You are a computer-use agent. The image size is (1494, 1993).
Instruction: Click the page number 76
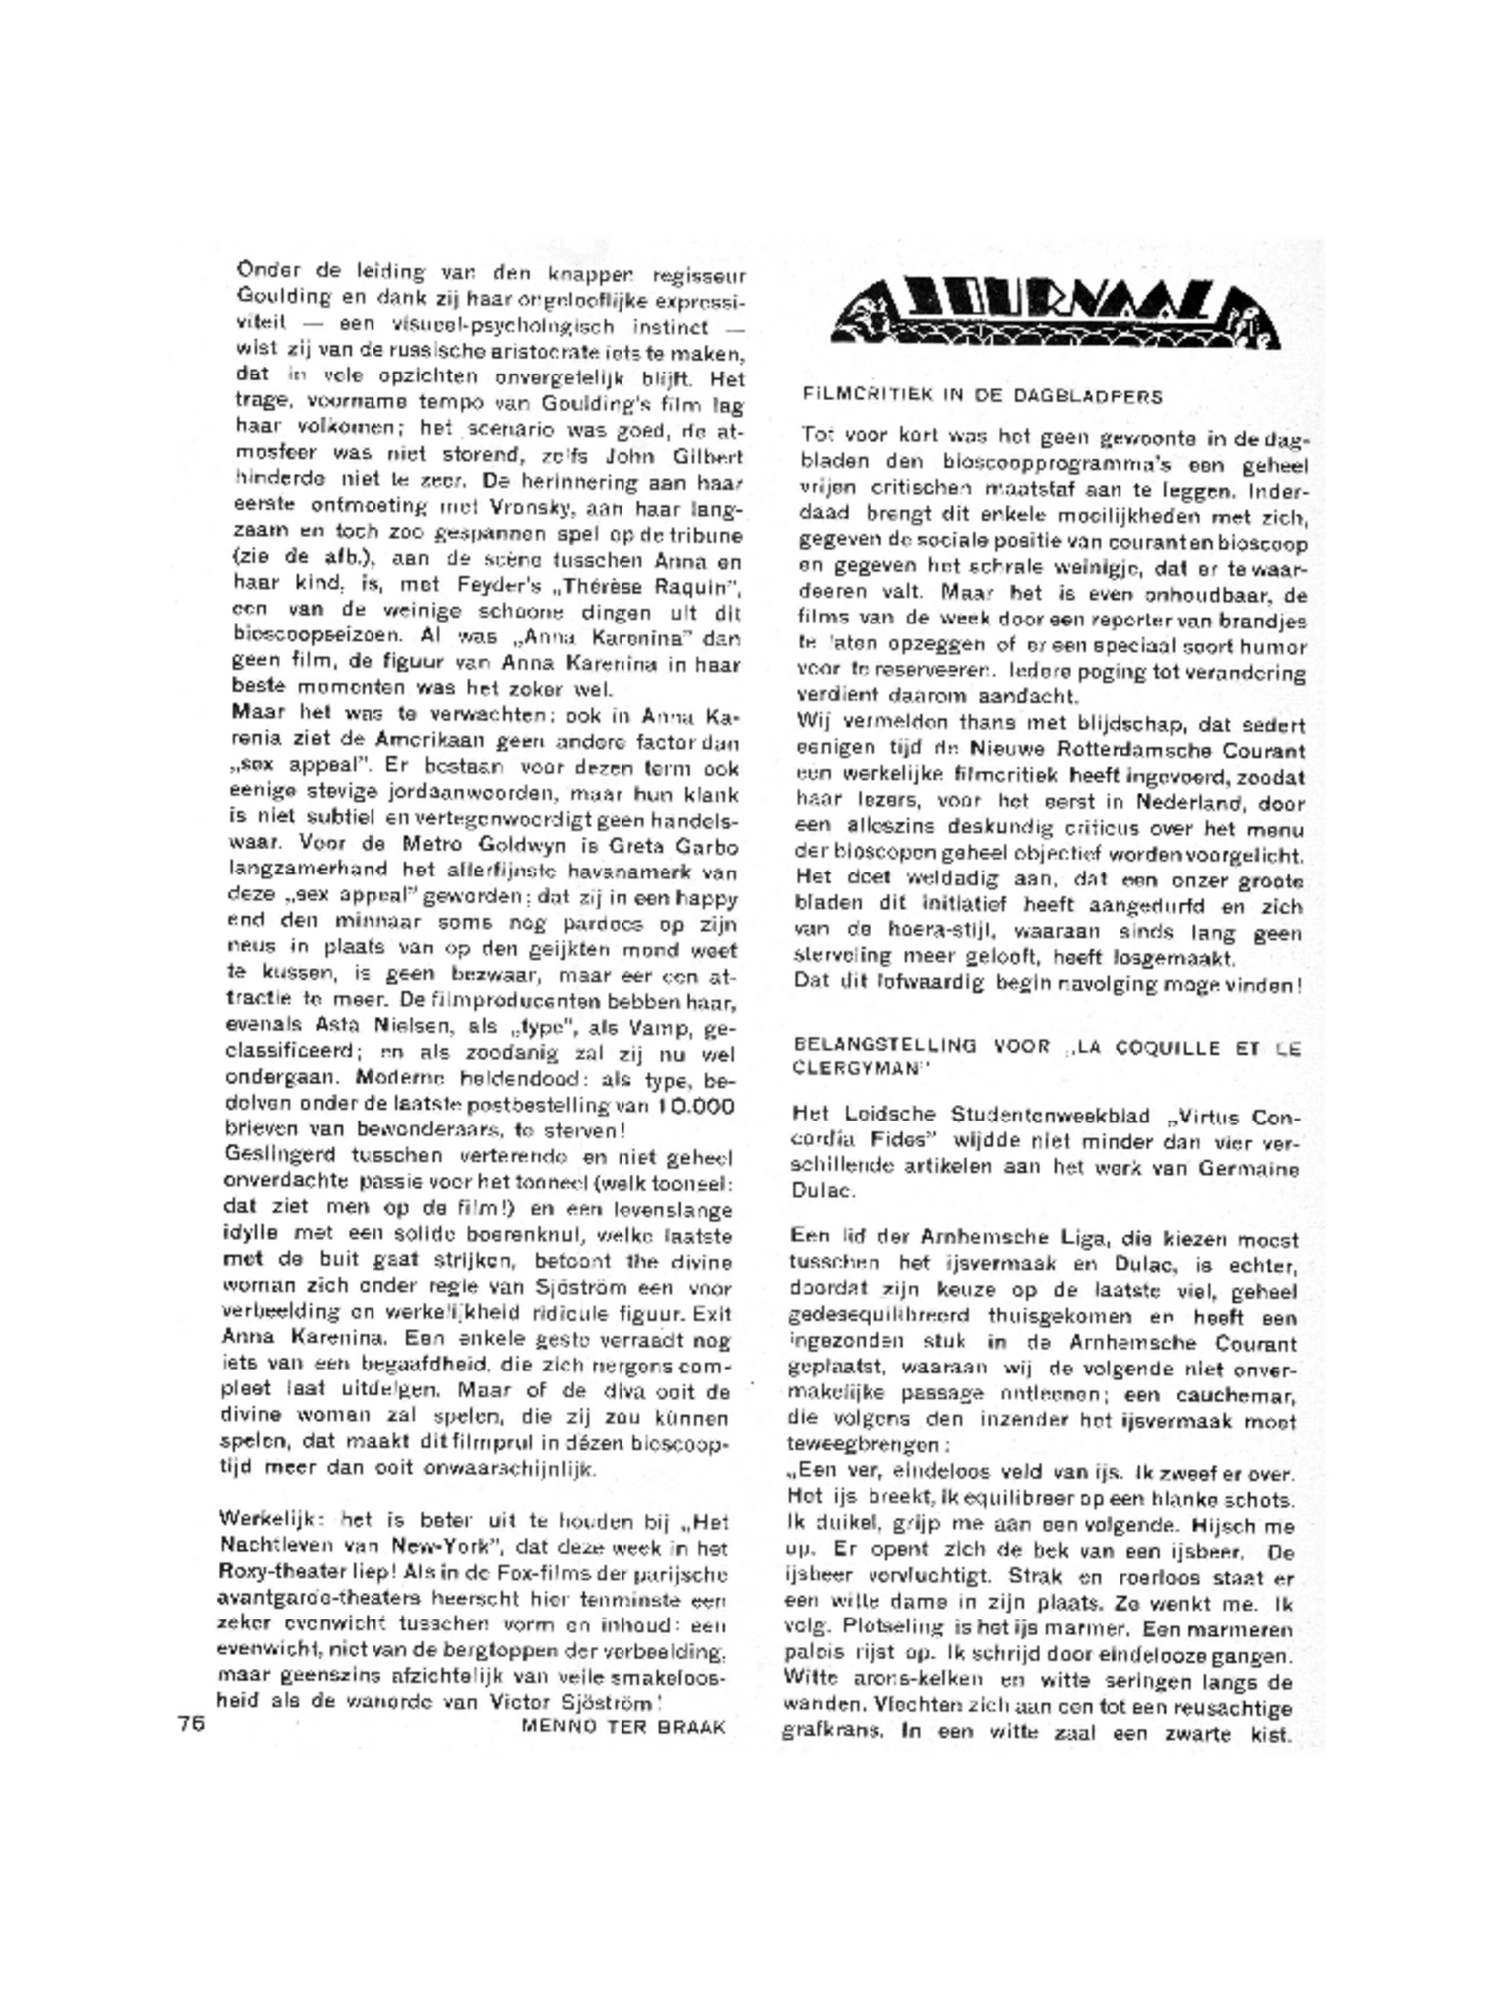(191, 1724)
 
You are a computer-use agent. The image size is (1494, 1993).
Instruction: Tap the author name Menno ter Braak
(623, 1727)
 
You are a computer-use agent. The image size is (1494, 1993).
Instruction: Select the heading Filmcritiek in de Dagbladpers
(982, 395)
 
